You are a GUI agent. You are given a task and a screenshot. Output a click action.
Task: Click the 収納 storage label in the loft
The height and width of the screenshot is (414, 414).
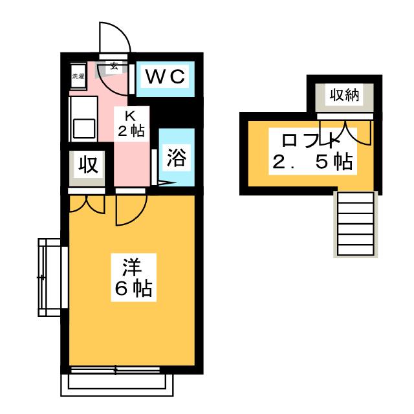click(345, 96)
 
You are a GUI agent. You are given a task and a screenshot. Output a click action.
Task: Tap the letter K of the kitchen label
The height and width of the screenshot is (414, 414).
click(129, 116)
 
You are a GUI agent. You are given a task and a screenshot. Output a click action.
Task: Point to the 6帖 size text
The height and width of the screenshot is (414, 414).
click(133, 288)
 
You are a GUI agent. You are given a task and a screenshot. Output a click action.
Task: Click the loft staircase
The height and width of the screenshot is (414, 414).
click(353, 224)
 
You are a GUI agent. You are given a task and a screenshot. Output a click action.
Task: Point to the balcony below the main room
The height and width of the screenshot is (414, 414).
click(118, 383)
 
